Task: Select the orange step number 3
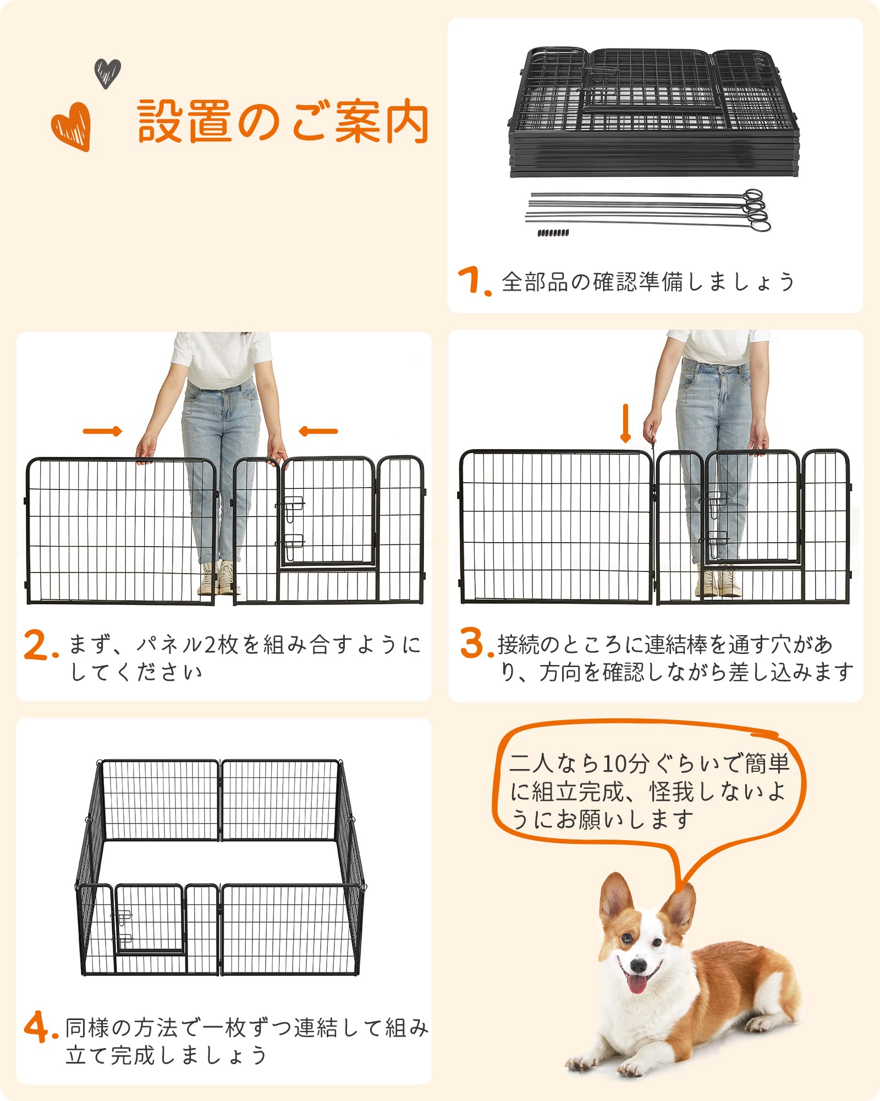coord(473,642)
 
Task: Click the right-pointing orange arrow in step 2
coord(102,431)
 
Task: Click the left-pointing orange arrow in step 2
coord(318,431)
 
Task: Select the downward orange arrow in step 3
coord(625,423)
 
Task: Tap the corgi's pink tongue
coord(636,984)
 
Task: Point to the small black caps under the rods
coord(553,233)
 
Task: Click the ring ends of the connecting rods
coord(756,209)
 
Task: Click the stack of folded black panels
coord(653,113)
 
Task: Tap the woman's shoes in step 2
coord(217,578)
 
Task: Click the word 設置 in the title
coord(184,122)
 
